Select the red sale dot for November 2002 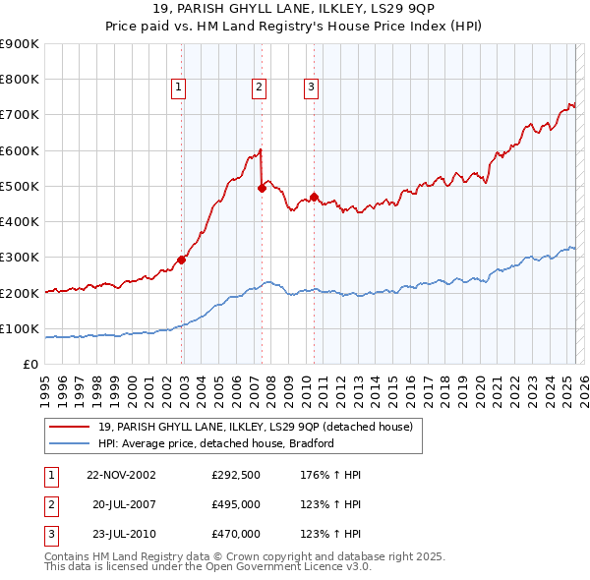[182, 260]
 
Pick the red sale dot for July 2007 [262, 188]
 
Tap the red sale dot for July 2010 [314, 197]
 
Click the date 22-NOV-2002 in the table [121, 475]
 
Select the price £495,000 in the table [236, 504]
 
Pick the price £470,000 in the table [236, 534]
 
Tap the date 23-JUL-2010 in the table [122, 534]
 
